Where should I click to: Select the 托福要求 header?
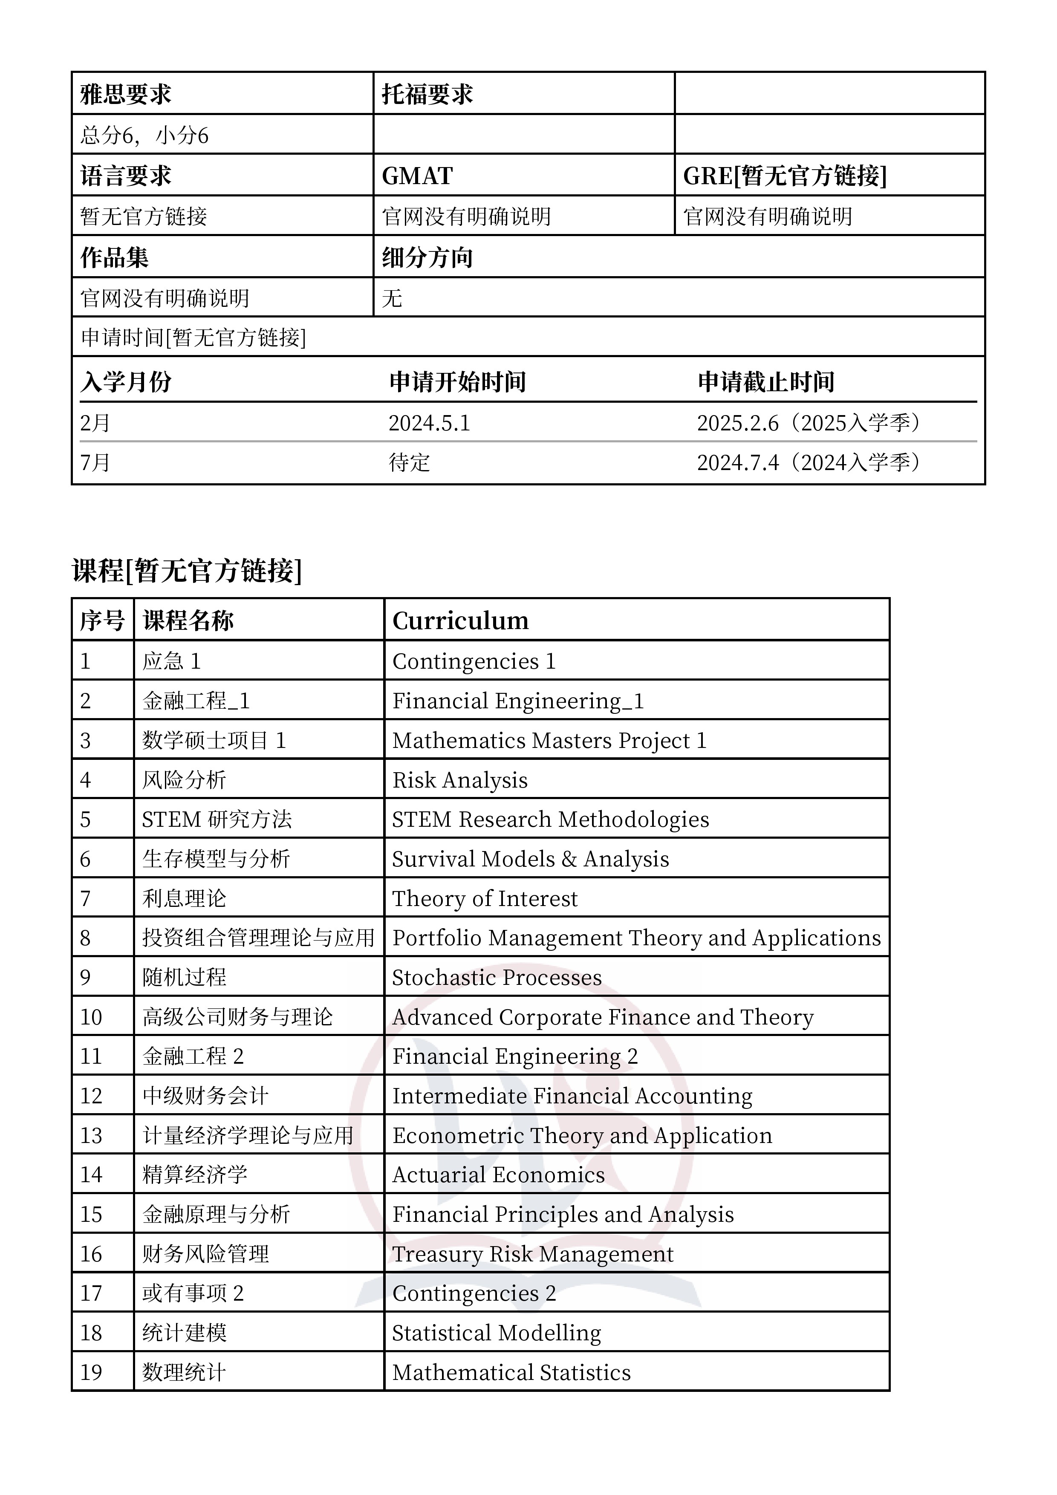click(427, 95)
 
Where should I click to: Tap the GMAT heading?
click(417, 176)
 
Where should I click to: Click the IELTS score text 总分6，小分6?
click(144, 136)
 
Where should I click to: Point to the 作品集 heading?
click(115, 257)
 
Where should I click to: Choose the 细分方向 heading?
click(427, 257)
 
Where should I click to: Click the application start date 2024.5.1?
click(429, 423)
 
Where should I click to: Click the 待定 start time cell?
click(409, 463)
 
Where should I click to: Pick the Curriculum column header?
click(460, 621)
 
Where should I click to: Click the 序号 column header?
click(101, 621)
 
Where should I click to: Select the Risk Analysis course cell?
click(460, 780)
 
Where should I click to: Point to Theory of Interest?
click(485, 898)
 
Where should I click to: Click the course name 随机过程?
click(184, 977)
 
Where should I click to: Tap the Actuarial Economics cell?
click(498, 1175)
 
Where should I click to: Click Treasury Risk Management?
click(533, 1254)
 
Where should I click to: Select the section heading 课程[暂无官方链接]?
click(187, 570)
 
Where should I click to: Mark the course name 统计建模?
click(184, 1333)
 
